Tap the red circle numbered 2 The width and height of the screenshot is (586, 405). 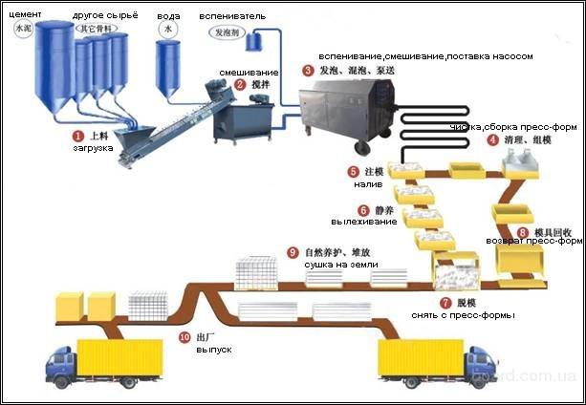click(x=226, y=84)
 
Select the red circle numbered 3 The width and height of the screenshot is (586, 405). click(x=307, y=70)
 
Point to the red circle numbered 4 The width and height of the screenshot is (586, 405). click(x=492, y=139)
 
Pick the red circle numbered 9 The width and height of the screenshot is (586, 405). click(x=293, y=251)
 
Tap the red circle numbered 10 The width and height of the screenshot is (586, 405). click(x=184, y=337)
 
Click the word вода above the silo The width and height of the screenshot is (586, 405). click(x=168, y=17)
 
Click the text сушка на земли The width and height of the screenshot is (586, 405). click(x=335, y=262)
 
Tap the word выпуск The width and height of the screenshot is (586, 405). click(x=213, y=350)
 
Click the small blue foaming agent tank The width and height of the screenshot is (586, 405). click(x=255, y=40)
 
